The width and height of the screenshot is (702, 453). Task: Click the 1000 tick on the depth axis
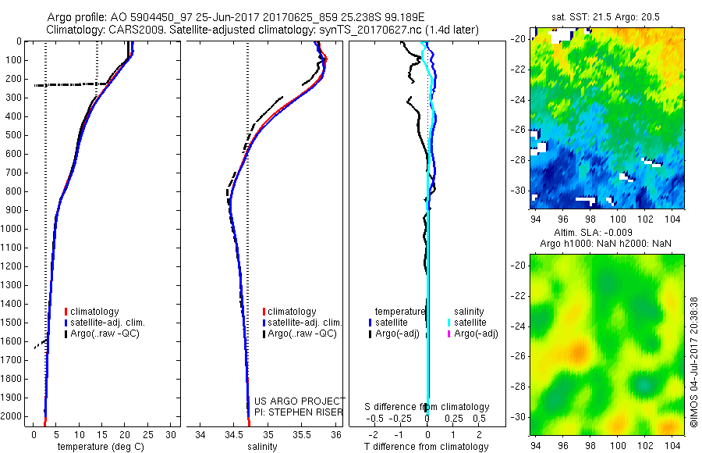click(12, 229)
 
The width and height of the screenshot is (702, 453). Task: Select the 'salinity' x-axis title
click(262, 447)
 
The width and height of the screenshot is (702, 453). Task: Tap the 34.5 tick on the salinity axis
click(234, 434)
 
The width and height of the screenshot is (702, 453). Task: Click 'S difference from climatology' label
click(427, 407)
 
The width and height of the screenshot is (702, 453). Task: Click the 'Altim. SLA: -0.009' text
click(605, 233)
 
